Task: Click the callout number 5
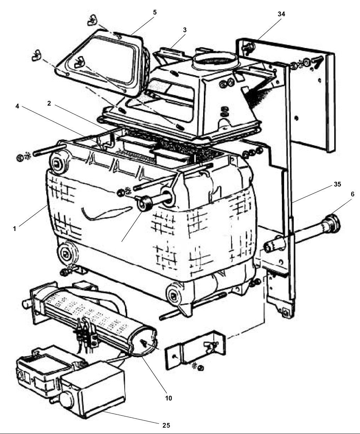point(155,12)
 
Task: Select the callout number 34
point(281,14)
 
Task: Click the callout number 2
point(49,103)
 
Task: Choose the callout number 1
point(14,229)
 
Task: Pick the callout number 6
point(353,194)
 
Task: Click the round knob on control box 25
point(66,400)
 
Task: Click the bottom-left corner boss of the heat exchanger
point(66,254)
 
